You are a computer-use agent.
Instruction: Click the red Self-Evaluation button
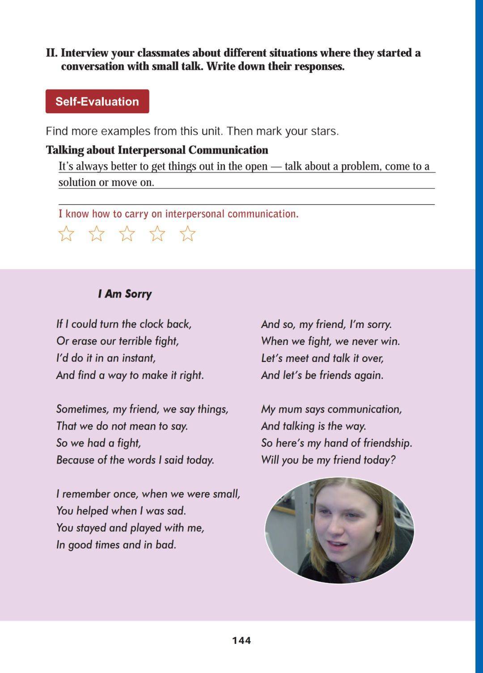97,102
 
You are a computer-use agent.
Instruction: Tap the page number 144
241,640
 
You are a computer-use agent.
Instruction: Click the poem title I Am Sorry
125,294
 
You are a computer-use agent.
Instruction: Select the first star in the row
66,234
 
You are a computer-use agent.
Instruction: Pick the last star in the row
188,234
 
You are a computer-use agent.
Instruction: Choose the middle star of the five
127,234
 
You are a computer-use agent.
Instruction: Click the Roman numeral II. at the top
52,53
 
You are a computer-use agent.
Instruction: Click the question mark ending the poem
393,460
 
